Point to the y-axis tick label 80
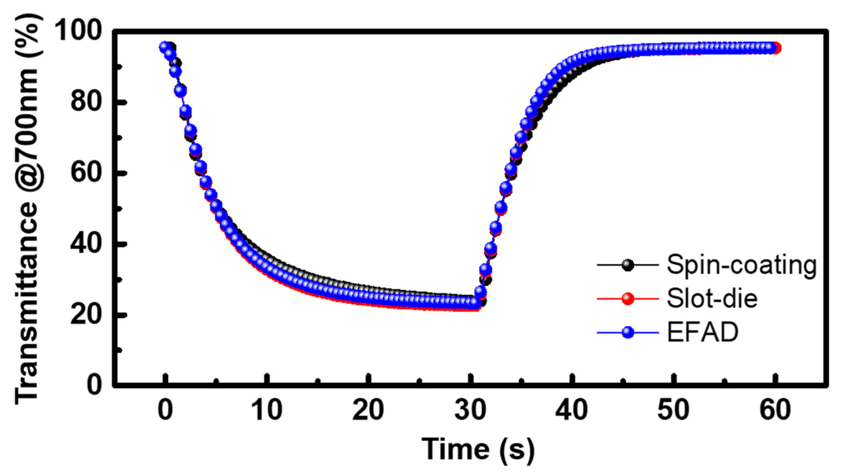click(x=86, y=102)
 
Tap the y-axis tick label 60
click(x=86, y=173)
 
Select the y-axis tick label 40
click(x=86, y=244)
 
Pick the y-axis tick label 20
click(x=86, y=315)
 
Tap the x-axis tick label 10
click(x=267, y=410)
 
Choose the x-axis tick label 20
click(x=368, y=410)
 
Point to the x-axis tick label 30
click(x=470, y=410)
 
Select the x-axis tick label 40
click(x=572, y=410)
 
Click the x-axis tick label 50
click(x=674, y=410)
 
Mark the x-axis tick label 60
click(x=775, y=410)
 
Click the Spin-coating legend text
click(x=742, y=265)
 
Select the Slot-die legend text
click(x=712, y=299)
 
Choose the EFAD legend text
click(x=703, y=332)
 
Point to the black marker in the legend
click(x=628, y=265)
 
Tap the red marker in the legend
click(x=628, y=299)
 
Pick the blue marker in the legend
click(x=628, y=332)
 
